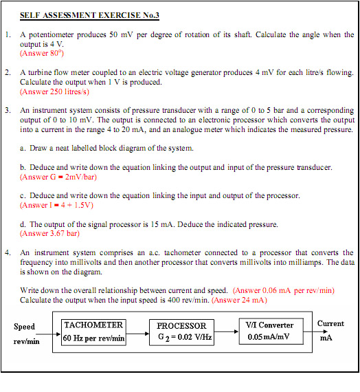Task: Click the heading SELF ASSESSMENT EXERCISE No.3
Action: tap(89, 14)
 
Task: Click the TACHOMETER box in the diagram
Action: tap(94, 331)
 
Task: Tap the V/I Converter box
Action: tap(269, 331)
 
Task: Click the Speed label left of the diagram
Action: tap(24, 327)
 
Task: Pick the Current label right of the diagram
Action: tap(330, 323)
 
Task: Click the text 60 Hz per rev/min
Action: tap(94, 338)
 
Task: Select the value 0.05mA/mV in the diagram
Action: tap(269, 338)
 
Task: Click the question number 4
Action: tap(7, 252)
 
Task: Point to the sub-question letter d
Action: tap(23, 224)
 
